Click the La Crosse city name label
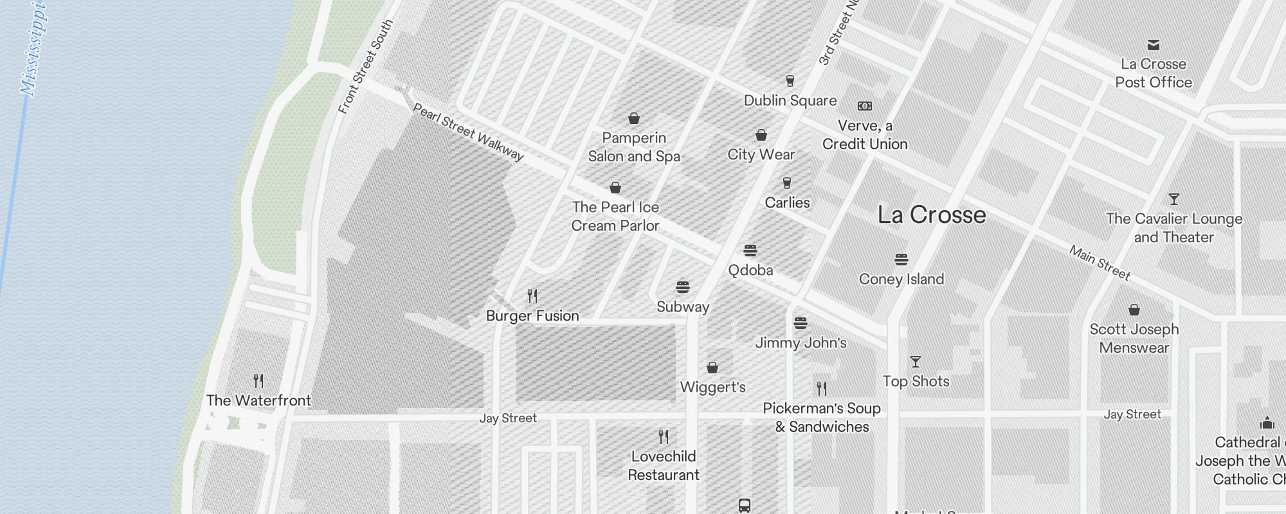pyautogui.click(x=932, y=215)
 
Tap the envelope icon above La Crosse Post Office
pyautogui.click(x=1154, y=45)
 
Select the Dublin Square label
pyautogui.click(x=790, y=100)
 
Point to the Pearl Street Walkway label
pyautogui.click(x=468, y=132)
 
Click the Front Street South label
pyautogui.click(x=365, y=67)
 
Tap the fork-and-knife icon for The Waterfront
pyautogui.click(x=258, y=381)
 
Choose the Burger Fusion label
pyautogui.click(x=532, y=315)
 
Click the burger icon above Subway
pyautogui.click(x=683, y=287)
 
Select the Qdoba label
pyautogui.click(x=750, y=270)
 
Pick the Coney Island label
pyautogui.click(x=901, y=279)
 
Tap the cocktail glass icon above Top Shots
pyautogui.click(x=916, y=362)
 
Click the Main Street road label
pyautogui.click(x=1100, y=262)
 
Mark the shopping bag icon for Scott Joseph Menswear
pyautogui.click(x=1134, y=310)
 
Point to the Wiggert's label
pyautogui.click(x=713, y=387)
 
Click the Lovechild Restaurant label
pyautogui.click(x=664, y=466)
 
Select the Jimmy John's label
pyautogui.click(x=801, y=342)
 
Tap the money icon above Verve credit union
pyautogui.click(x=865, y=106)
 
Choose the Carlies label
pyautogui.click(x=787, y=202)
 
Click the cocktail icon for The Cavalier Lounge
pyautogui.click(x=1174, y=199)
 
